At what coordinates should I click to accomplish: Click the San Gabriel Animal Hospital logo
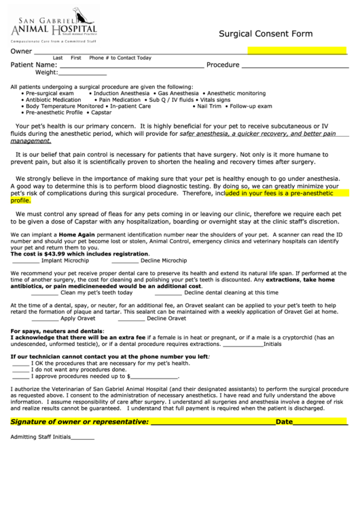click(x=54, y=25)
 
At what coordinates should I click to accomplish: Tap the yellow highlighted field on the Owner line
click(x=297, y=51)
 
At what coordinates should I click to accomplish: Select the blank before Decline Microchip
click(x=125, y=260)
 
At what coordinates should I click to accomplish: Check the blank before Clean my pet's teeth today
click(x=45, y=293)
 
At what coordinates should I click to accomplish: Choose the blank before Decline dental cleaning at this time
click(x=169, y=293)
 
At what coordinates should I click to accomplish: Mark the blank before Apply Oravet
click(x=45, y=318)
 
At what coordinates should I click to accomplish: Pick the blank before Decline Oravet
click(x=131, y=318)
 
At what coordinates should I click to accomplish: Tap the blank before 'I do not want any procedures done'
click(x=21, y=369)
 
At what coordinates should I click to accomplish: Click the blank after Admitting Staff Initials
click(x=83, y=437)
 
